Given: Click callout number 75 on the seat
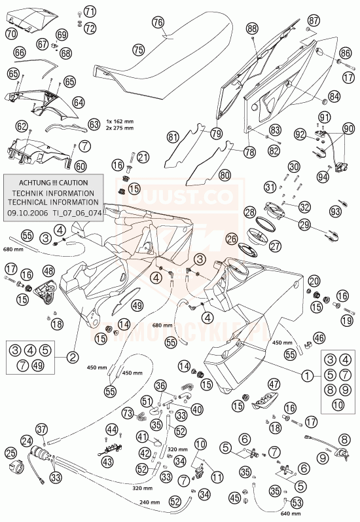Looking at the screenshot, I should point(137,49).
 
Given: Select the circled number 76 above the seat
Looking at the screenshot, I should point(157,22).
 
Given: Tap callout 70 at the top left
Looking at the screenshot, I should point(11,33).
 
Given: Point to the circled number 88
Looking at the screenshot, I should point(253,28).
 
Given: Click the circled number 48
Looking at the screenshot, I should point(48,270).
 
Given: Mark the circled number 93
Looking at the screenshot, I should point(335,212).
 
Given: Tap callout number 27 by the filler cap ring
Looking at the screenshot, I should point(274,246).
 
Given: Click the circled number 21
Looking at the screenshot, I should point(143,157).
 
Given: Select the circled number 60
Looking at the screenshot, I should point(80,166).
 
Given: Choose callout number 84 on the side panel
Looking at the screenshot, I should point(334,96).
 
